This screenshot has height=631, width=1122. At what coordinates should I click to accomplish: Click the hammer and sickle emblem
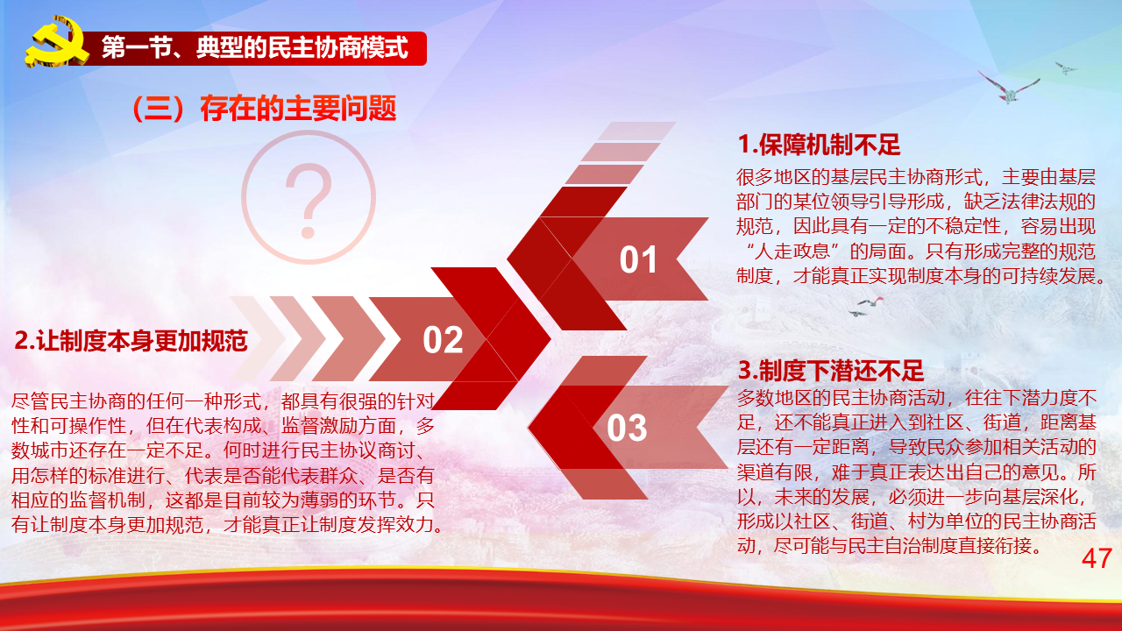tap(56, 42)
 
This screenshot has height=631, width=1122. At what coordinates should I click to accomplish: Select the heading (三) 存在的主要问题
tap(264, 108)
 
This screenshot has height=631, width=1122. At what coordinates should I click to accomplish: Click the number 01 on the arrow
tap(638, 260)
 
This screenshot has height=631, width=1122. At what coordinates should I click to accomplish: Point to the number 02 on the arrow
tap(443, 340)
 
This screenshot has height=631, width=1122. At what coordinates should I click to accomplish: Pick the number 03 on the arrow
tap(627, 429)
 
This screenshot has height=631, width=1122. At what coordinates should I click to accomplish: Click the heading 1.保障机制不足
tap(819, 145)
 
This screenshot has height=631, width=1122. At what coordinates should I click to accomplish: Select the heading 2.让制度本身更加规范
tap(131, 341)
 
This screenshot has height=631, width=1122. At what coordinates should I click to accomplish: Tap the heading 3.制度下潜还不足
tap(830, 371)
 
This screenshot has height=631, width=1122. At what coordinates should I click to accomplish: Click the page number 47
tap(1097, 558)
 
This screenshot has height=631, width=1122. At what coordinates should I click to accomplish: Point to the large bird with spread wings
tap(1008, 87)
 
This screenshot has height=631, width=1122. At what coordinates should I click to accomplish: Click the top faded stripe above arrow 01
tap(636, 131)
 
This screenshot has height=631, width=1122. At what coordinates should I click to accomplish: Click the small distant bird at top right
tap(1065, 67)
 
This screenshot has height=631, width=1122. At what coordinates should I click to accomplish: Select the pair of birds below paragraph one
tap(865, 307)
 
